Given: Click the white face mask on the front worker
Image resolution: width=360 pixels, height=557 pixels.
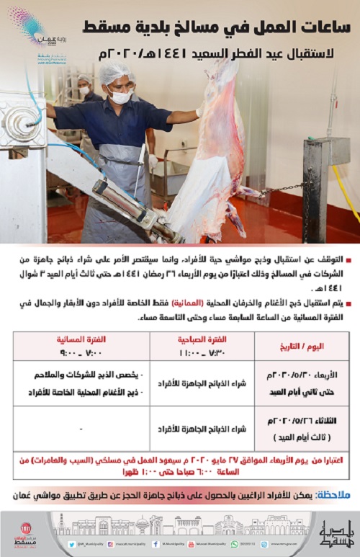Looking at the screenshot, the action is (121, 97).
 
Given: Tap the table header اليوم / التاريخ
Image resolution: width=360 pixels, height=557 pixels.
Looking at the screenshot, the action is (310, 346).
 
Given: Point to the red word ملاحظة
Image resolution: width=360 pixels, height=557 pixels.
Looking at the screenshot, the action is (335, 495).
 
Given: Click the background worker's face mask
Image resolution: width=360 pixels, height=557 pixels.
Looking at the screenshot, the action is (84, 92).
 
